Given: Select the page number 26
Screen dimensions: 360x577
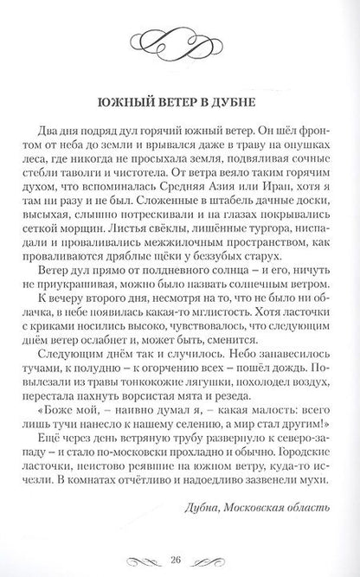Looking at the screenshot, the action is click(x=179, y=549).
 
